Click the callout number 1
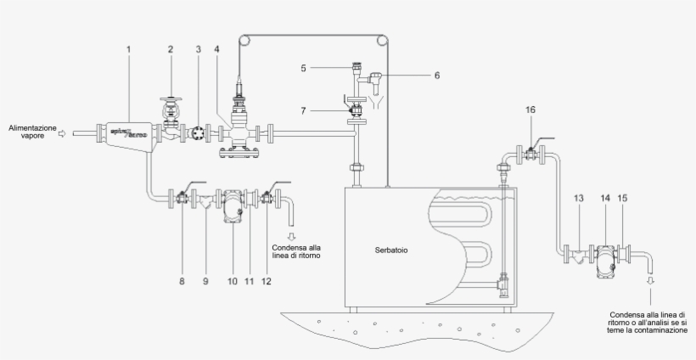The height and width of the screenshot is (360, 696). [128, 50]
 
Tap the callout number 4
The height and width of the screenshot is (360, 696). [217, 50]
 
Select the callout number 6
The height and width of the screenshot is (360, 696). [437, 75]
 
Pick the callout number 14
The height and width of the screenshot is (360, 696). [605, 198]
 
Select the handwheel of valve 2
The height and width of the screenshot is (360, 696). [171, 96]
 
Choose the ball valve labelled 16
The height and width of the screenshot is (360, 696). [530, 153]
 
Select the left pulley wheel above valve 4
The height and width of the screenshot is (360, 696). [244, 40]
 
